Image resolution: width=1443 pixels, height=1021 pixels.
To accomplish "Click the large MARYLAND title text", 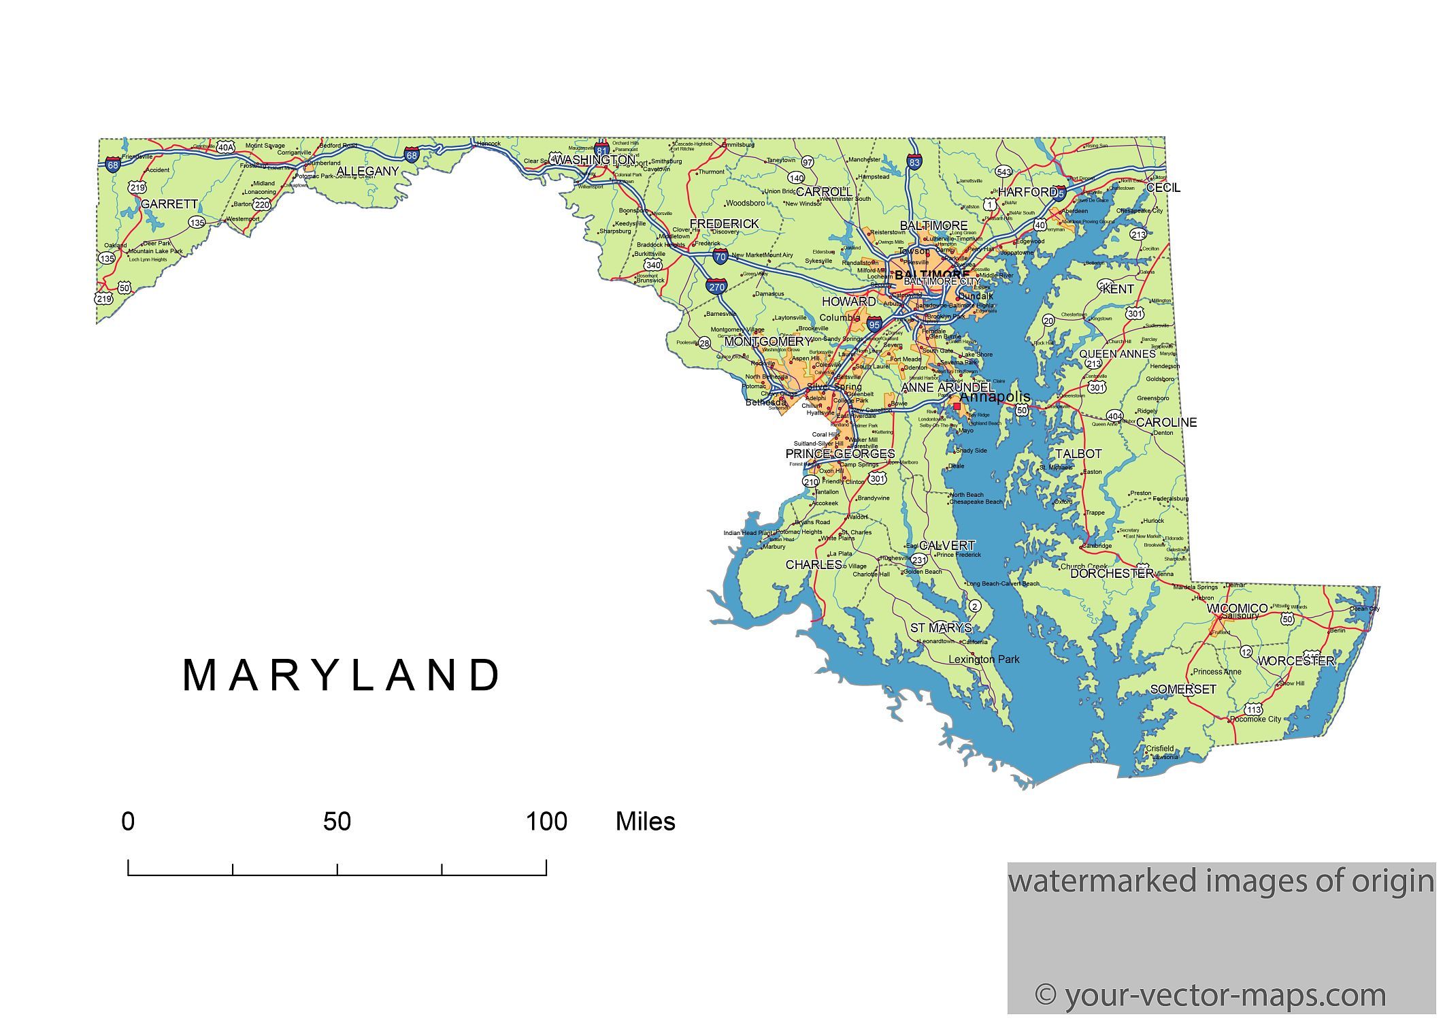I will tap(342, 676).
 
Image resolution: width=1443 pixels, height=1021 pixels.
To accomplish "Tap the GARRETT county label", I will tap(169, 204).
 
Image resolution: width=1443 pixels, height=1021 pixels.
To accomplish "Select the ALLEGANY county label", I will tap(367, 172).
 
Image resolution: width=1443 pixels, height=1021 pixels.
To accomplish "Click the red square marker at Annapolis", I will tap(957, 406).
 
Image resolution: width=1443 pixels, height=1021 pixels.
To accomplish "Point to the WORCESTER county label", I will tap(1295, 661).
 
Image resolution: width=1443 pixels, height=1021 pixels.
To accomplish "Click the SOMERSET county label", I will tap(1182, 690).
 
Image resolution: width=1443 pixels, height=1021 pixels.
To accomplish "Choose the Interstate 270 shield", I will tap(716, 287).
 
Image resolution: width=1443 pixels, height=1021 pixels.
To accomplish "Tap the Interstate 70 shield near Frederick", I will tap(720, 257).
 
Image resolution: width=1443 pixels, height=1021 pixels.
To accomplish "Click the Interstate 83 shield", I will tap(914, 162).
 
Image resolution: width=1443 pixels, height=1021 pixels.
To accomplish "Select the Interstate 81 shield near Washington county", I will tap(601, 150).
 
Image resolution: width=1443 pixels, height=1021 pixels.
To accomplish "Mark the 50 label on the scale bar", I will tap(337, 822).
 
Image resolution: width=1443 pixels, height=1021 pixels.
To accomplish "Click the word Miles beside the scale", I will tap(645, 822).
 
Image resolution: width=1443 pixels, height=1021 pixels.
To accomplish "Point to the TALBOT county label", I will tap(1078, 453).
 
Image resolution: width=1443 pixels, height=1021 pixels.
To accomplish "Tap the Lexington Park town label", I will tap(984, 659).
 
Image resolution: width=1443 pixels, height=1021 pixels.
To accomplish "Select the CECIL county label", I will tap(1163, 188).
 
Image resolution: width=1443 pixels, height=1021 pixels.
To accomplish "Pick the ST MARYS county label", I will tap(941, 628).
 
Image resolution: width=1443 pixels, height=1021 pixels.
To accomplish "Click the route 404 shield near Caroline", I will tap(1114, 416).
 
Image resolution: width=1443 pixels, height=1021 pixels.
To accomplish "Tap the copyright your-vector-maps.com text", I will tap(1210, 995).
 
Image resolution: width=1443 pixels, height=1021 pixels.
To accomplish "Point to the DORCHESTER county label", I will tap(1112, 574).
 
